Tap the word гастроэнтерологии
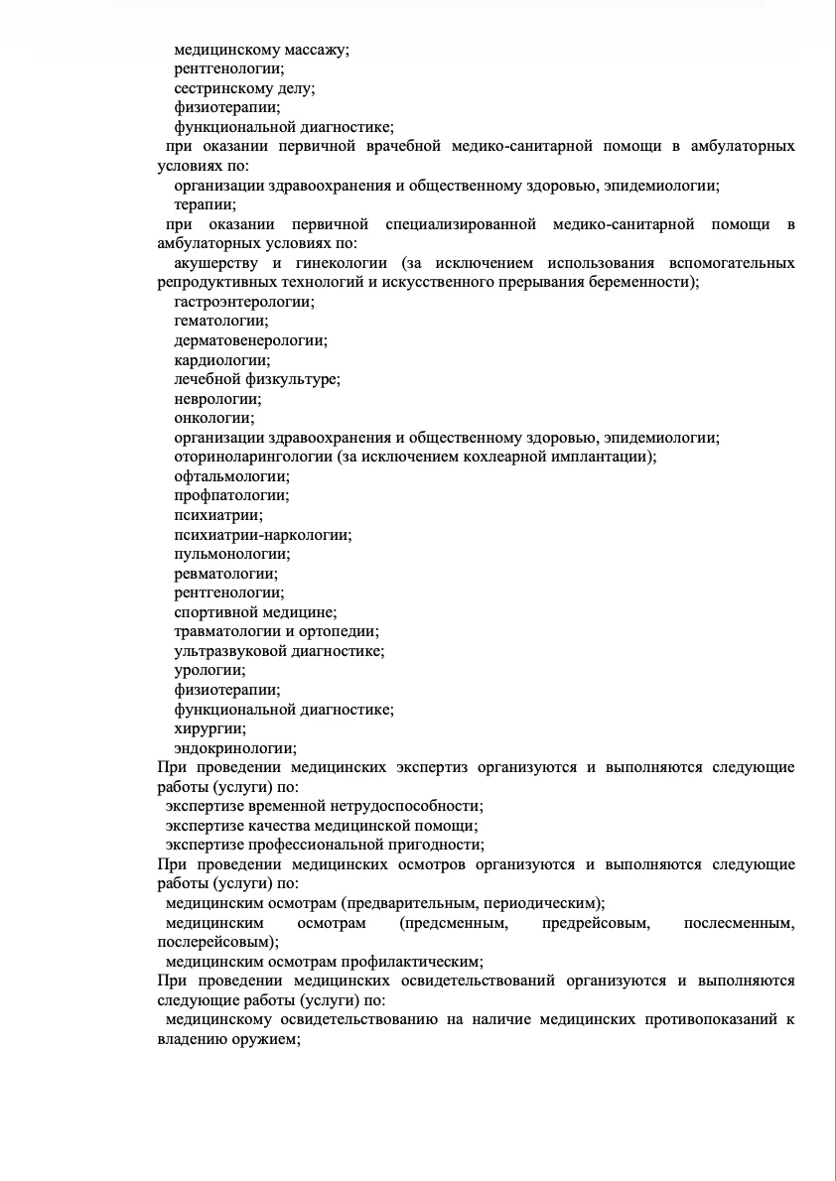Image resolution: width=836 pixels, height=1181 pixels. tap(243, 302)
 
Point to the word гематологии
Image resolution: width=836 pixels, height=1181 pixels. tap(220, 321)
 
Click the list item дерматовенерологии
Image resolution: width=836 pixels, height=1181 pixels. tap(250, 340)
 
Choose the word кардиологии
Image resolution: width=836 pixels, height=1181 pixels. tap(221, 360)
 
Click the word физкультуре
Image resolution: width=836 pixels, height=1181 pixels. tap(297, 379)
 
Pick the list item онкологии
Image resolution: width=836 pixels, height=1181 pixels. tap(213, 418)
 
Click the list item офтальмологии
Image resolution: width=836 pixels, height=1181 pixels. tap(231, 476)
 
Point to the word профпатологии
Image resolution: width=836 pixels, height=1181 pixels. tap(231, 495)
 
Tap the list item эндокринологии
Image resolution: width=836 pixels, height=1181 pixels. tap(234, 748)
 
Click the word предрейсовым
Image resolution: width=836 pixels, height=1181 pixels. tap(596, 924)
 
